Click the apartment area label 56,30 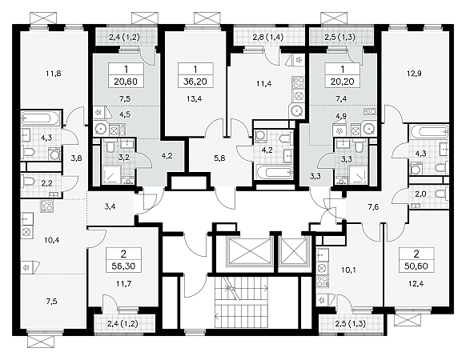123,266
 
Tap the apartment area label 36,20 195,82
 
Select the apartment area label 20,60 126,82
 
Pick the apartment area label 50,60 416,266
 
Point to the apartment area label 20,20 343,82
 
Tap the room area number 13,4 195,99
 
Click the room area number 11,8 54,73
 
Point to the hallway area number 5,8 219,158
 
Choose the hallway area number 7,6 373,207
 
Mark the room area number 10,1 349,270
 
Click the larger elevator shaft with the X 251,250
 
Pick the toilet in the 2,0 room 442,194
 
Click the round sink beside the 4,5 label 102,129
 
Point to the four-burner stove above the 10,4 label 46,206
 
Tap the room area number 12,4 416,284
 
